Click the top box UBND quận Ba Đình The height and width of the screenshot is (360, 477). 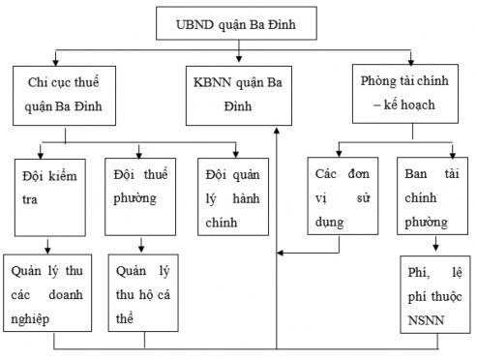238,21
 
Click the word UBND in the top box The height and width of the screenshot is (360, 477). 193,21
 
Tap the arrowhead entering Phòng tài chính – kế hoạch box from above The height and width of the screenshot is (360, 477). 411,60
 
